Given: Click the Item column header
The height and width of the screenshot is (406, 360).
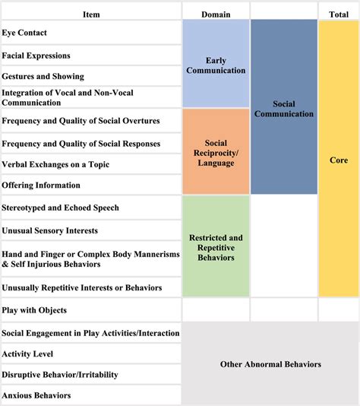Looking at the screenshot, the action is click(x=90, y=14).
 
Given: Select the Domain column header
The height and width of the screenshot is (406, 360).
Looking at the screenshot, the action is click(x=216, y=14).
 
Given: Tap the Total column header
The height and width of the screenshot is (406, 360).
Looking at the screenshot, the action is click(x=338, y=14).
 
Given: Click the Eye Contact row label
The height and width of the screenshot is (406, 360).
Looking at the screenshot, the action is click(x=25, y=33).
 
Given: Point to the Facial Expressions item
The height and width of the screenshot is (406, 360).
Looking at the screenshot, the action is click(x=36, y=56).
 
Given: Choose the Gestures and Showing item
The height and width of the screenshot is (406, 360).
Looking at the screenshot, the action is click(x=43, y=76).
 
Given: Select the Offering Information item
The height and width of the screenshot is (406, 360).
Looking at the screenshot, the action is click(x=40, y=185).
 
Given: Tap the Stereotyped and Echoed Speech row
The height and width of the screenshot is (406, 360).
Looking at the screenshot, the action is click(x=60, y=208).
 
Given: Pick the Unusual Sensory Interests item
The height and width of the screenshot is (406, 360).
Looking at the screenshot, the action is click(x=49, y=230).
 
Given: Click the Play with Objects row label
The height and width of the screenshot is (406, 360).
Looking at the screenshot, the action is click(x=34, y=310).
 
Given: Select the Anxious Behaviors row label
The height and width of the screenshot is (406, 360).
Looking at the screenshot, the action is click(x=36, y=395).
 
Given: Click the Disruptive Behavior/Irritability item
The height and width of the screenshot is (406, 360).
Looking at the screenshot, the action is click(x=60, y=374).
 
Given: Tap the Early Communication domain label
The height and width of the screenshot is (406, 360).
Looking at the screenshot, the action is click(x=216, y=65).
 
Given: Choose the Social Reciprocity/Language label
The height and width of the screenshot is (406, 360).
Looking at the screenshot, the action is click(x=216, y=153).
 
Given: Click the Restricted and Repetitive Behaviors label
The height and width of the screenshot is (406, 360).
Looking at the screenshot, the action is click(x=216, y=247).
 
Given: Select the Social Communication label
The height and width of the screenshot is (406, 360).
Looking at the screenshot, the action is click(x=284, y=108).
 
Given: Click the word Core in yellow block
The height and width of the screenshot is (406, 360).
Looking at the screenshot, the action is click(x=339, y=161).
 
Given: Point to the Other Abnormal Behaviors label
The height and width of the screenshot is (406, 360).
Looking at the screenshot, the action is click(x=270, y=364).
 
